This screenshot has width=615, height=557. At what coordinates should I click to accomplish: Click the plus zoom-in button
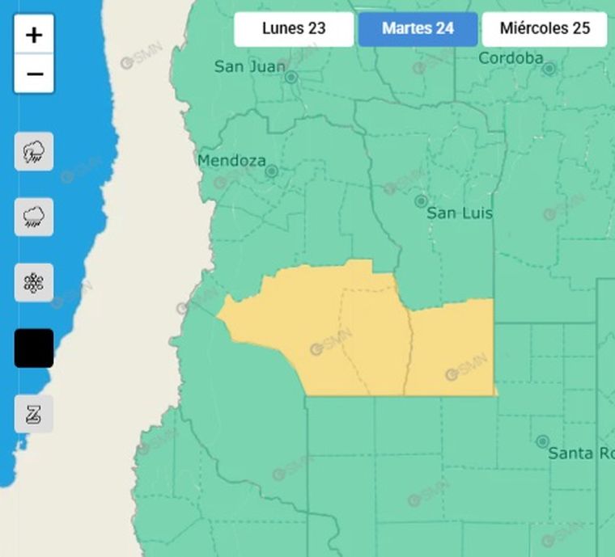[x=34, y=35]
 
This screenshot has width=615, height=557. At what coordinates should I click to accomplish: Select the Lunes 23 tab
[x=294, y=28]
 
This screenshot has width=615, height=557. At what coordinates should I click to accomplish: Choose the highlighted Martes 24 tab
[x=418, y=28]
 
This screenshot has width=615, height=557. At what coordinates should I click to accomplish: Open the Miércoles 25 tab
[x=545, y=28]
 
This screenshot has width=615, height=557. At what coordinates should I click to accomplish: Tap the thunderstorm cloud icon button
[x=34, y=151]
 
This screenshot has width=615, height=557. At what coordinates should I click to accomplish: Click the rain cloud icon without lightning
[x=34, y=217]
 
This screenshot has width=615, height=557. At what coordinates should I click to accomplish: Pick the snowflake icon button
[x=34, y=282]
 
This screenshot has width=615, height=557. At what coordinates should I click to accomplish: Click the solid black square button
[x=34, y=348]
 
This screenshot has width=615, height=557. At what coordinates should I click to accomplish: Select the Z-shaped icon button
[x=34, y=414]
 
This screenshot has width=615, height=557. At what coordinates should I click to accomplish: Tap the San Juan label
[x=249, y=67]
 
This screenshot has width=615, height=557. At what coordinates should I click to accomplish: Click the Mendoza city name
[x=231, y=161]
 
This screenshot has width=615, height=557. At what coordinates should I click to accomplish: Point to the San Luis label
[x=460, y=213]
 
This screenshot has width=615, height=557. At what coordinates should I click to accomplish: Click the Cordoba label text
[x=511, y=58]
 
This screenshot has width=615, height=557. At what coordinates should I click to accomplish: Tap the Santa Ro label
[x=581, y=454]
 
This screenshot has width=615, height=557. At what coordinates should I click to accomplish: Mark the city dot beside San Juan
[x=291, y=78]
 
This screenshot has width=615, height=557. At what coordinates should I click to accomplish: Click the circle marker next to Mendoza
[x=272, y=171]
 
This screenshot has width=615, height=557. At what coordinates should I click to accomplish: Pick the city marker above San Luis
[x=421, y=200]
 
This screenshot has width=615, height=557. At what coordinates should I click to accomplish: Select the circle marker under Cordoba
[x=549, y=69]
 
